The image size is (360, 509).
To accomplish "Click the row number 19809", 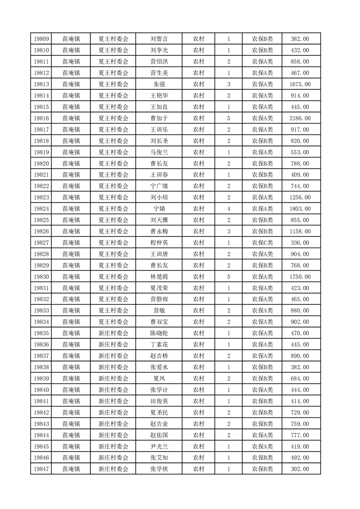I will pyautogui.click(x=41, y=39).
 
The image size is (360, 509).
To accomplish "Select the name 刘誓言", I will pyautogui.click(x=159, y=39).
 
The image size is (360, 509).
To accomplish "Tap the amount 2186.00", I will pyautogui.click(x=300, y=118).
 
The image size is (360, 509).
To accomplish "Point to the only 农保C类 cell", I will pyautogui.click(x=262, y=243).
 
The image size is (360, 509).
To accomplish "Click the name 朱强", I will pyautogui.click(x=159, y=84).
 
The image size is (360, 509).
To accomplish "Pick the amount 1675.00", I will pyautogui.click(x=300, y=84).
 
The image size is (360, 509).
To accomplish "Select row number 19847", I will pyautogui.click(x=41, y=469).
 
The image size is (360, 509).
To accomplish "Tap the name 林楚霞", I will pyautogui.click(x=159, y=277).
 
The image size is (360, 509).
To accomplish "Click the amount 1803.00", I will pyautogui.click(x=300, y=209).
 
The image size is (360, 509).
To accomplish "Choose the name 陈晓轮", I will pyautogui.click(x=159, y=333).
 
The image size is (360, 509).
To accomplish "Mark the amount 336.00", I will pyautogui.click(x=300, y=243).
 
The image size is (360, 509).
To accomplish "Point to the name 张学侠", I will pyautogui.click(x=159, y=469).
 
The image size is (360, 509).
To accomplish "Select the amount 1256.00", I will pyautogui.click(x=300, y=197).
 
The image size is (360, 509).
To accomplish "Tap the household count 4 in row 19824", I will pyautogui.click(x=228, y=209).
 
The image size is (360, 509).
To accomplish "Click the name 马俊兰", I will pyautogui.click(x=159, y=152).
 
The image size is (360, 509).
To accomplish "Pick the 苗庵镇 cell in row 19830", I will pyautogui.click(x=71, y=277).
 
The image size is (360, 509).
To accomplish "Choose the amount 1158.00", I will pyautogui.click(x=300, y=231).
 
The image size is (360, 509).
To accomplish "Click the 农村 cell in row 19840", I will pyautogui.click(x=198, y=390).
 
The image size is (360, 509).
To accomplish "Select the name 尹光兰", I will pyautogui.click(x=159, y=446).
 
